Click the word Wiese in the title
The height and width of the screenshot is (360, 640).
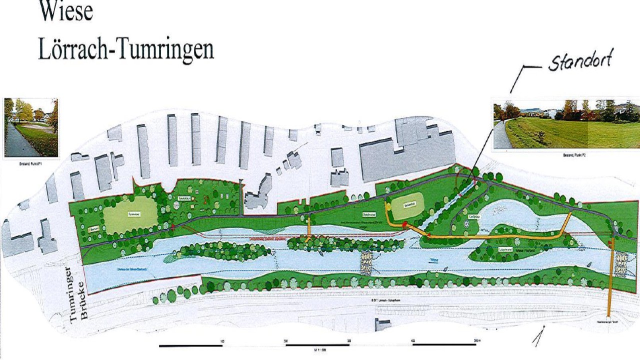point(66,11)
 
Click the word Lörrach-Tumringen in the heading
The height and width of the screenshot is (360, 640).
point(126,50)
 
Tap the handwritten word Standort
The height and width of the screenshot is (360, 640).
point(580,62)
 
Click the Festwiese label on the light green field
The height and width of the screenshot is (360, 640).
point(132,213)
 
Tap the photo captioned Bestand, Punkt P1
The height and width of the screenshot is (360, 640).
point(31,127)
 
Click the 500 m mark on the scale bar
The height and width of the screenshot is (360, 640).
point(475,341)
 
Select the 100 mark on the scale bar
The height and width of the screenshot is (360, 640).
point(222,341)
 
